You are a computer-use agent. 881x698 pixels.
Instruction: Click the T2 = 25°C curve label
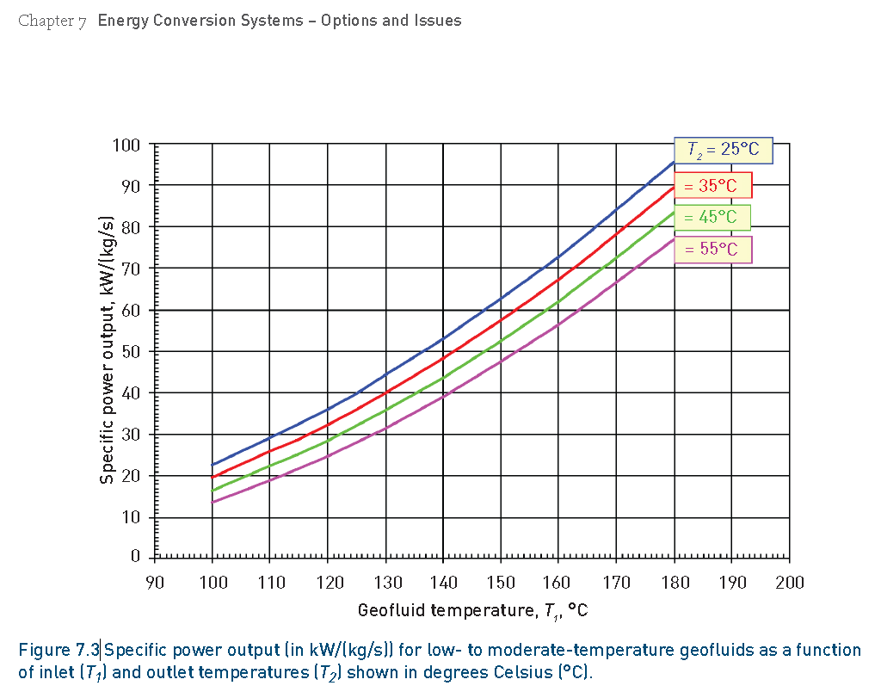pyautogui.click(x=723, y=149)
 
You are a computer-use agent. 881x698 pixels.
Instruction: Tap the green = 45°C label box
pyautogui.click(x=712, y=217)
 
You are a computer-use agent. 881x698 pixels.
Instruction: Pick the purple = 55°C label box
pyautogui.click(x=712, y=249)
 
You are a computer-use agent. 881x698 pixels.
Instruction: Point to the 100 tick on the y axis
pyautogui.click(x=126, y=144)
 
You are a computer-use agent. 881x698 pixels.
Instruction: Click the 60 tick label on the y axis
pyautogui.click(x=130, y=309)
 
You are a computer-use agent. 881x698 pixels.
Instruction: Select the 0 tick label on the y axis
pyautogui.click(x=134, y=556)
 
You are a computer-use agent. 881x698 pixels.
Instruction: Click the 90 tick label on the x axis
pyautogui.click(x=155, y=583)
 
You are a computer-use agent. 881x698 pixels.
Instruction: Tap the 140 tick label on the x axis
pyautogui.click(x=443, y=583)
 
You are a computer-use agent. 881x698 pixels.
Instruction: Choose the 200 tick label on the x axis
pyautogui.click(x=789, y=583)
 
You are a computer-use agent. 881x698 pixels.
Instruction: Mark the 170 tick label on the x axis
pyautogui.click(x=616, y=583)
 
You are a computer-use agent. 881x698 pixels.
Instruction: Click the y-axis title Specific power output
pyautogui.click(x=108, y=350)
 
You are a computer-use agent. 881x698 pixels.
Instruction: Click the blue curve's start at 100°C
pyautogui.click(x=213, y=465)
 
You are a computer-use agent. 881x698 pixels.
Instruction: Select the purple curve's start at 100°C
pyautogui.click(x=213, y=502)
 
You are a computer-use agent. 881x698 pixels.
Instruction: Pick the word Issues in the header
pyautogui.click(x=439, y=21)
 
